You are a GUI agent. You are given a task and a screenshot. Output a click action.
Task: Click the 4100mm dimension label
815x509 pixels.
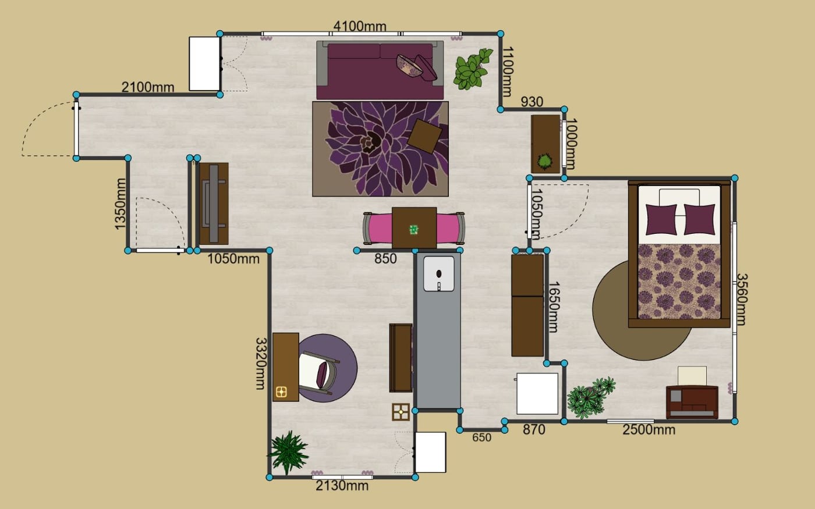click(360, 26)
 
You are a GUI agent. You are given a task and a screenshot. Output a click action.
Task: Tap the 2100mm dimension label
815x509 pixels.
click(148, 87)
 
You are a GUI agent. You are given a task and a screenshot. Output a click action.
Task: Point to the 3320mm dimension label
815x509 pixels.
click(261, 364)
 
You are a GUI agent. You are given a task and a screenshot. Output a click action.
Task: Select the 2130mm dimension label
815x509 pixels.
click(342, 486)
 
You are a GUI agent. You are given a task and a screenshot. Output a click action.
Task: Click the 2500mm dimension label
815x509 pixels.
click(649, 430)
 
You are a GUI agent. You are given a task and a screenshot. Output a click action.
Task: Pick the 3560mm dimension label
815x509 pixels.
click(742, 300)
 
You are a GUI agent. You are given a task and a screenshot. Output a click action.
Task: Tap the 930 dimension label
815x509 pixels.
click(532, 102)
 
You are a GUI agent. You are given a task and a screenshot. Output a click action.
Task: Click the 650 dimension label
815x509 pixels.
click(482, 437)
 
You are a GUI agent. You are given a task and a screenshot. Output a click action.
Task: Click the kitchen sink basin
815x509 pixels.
click(439, 274)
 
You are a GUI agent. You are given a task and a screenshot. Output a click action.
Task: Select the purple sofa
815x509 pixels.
click(380, 70)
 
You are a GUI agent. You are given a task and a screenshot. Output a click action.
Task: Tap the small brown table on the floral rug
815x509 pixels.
click(424, 136)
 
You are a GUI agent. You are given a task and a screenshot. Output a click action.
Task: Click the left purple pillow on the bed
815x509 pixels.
click(661, 220)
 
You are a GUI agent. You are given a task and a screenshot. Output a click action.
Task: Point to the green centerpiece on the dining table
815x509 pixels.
click(414, 229)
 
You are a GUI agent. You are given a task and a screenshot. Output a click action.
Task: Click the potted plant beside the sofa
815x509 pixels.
click(472, 69)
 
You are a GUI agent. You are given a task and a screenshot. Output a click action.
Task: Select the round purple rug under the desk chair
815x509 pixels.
click(327, 368)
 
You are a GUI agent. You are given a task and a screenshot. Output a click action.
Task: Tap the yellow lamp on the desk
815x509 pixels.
click(281, 392)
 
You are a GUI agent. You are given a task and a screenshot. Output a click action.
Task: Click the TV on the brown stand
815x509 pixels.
click(214, 204)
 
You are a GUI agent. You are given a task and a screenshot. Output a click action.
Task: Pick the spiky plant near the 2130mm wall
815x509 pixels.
click(288, 453)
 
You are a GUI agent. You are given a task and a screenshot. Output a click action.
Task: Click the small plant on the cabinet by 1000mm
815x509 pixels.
click(545, 161)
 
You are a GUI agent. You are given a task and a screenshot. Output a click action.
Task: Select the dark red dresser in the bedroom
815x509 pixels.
click(692, 402)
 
